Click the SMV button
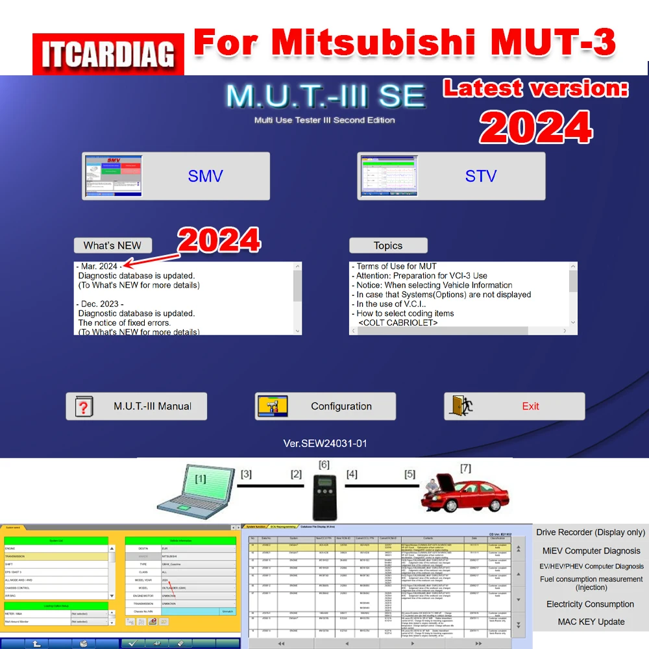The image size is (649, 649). (176, 176)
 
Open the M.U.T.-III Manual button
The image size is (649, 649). (136, 406)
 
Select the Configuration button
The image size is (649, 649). (325, 406)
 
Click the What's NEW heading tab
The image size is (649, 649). (112, 245)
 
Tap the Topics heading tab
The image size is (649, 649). (388, 245)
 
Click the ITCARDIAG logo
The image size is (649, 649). (109, 55)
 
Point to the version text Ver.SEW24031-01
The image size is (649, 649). (325, 444)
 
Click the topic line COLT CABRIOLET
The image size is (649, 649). (398, 323)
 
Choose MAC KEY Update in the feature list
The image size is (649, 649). (591, 622)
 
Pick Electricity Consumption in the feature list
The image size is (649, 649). (590, 604)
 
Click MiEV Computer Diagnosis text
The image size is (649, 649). (591, 550)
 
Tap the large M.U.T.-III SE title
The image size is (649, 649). (325, 97)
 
